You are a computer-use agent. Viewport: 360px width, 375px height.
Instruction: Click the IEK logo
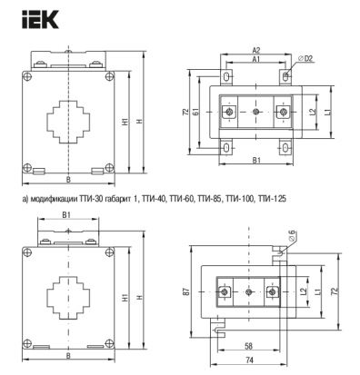click(x=40, y=19)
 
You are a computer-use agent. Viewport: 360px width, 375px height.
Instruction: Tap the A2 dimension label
click(x=256, y=50)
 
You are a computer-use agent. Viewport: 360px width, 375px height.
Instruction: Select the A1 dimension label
click(x=256, y=59)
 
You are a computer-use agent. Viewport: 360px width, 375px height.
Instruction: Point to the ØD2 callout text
click(x=305, y=59)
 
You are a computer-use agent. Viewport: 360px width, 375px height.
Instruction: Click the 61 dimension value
click(x=196, y=112)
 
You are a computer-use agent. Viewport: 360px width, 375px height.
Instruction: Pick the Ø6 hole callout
click(x=292, y=235)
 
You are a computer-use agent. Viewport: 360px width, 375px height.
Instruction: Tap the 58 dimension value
click(x=248, y=346)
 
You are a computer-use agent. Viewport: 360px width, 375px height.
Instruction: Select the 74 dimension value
click(x=249, y=360)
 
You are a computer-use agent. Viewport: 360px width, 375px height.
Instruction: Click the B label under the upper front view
click(x=68, y=180)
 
